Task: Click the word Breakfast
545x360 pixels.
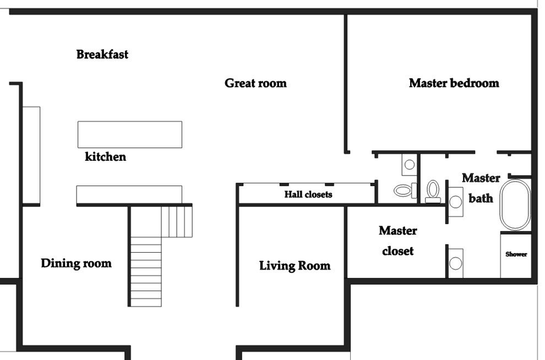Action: [102, 54]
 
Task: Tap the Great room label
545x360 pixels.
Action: [255, 83]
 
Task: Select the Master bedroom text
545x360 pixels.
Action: [454, 83]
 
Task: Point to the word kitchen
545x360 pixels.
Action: [105, 157]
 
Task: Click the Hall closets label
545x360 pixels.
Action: [308, 194]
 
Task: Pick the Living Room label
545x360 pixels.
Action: [295, 266]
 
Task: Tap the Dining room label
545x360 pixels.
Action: [76, 263]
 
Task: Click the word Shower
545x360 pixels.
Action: [516, 254]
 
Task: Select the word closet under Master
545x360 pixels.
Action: [397, 251]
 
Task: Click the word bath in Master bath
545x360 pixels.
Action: [481, 198]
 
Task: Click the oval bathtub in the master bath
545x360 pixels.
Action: [515, 204]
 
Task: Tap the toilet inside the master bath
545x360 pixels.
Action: [433, 191]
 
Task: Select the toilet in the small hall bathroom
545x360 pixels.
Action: [405, 190]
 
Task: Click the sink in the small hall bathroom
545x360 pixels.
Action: [409, 164]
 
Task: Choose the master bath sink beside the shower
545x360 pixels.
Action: [455, 263]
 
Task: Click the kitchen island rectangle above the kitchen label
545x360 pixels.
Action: [129, 134]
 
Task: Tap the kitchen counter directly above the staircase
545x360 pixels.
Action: [129, 194]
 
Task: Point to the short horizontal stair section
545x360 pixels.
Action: [177, 221]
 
